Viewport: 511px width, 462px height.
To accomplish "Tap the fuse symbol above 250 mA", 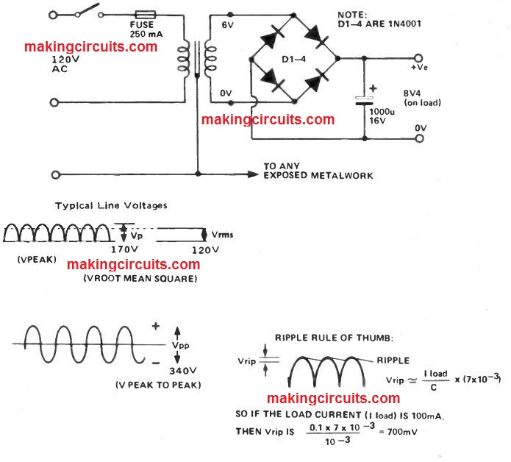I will click(146, 14).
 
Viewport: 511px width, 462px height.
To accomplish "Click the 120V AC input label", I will click(40, 64).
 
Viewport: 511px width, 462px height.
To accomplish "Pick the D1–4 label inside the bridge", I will click(293, 57).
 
